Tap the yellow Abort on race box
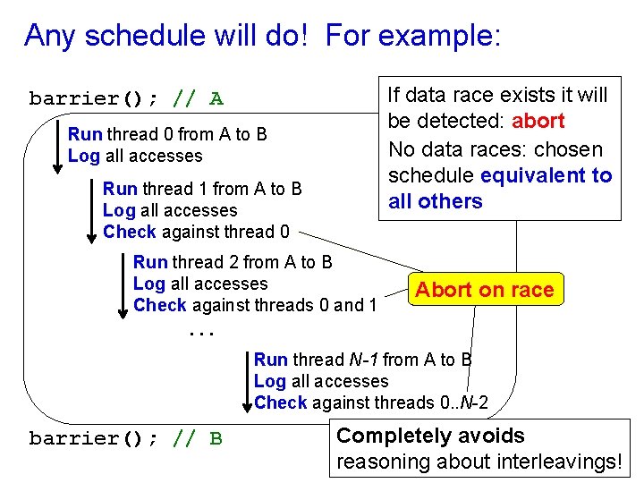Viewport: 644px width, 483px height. coord(484,289)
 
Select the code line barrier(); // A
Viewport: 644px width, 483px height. coord(126,98)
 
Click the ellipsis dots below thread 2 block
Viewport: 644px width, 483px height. coord(202,332)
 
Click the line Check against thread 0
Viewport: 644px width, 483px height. coord(196,233)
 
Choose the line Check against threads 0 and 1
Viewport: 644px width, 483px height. coord(254,306)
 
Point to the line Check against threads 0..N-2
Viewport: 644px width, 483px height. coord(370,403)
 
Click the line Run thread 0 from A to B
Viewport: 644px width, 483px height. coord(167,135)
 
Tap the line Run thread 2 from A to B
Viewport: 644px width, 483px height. coord(233,262)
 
